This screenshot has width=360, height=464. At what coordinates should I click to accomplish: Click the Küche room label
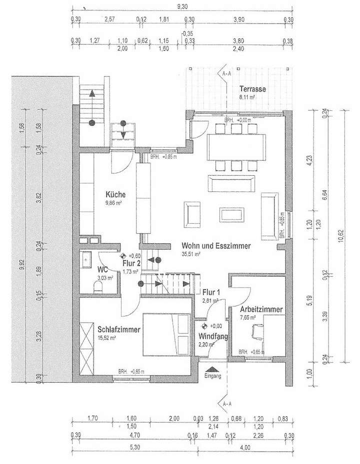click(115, 195)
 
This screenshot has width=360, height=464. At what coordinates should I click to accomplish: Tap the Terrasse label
click(251, 89)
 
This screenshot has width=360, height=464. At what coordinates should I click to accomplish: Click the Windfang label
click(213, 337)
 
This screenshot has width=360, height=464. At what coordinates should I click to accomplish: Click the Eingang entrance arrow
click(212, 371)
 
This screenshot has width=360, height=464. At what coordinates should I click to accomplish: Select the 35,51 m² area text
click(191, 254)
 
